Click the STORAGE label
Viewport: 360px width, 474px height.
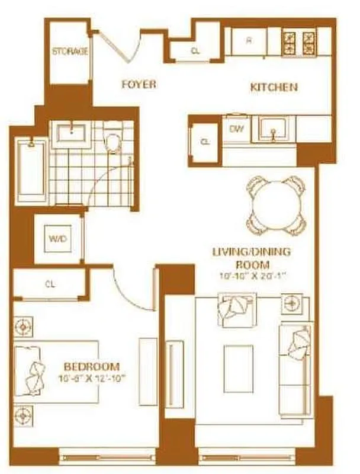coord(70,52)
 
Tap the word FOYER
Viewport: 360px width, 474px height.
coord(139,84)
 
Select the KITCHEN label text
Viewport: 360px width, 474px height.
coord(274,88)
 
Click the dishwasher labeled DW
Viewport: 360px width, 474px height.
coord(235,129)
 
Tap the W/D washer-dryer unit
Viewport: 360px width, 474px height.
coord(57,240)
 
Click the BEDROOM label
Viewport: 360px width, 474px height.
coord(91,367)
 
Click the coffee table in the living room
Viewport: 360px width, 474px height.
coord(238,368)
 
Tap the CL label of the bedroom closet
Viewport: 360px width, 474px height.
coord(50,284)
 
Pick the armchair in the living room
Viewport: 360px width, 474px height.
coord(237,310)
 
